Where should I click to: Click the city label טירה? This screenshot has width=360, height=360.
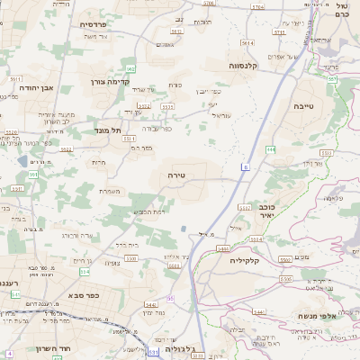click(x=175, y=175)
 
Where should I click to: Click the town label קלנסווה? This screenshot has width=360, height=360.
click(x=245, y=65)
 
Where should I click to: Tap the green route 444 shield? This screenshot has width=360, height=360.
click(x=270, y=149)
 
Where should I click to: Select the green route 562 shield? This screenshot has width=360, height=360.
click(x=130, y=67)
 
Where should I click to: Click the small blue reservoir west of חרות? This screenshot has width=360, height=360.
click(x=22, y=160)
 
